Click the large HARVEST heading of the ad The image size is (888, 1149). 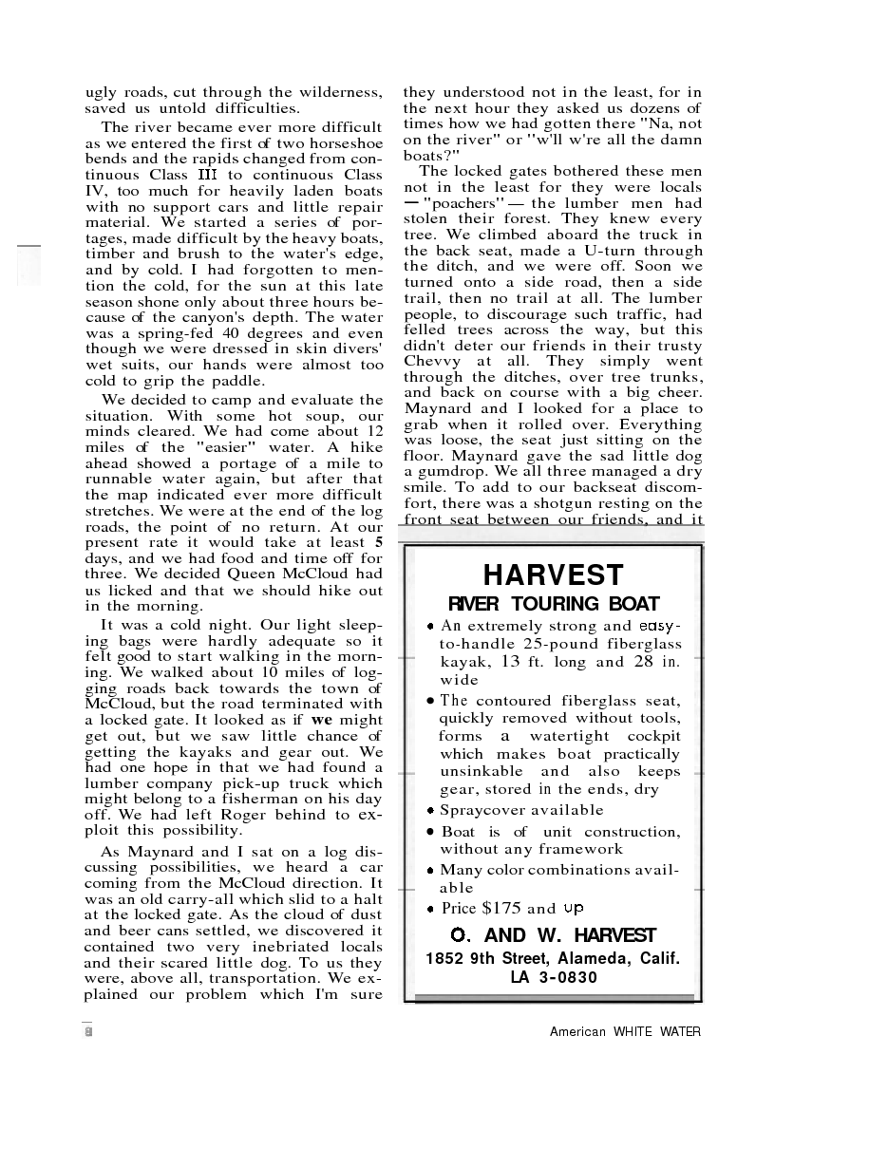coord(553,575)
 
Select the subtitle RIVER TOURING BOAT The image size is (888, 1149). coord(553,604)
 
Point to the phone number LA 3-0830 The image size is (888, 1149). coord(553,977)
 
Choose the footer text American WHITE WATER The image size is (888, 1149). coord(625,1031)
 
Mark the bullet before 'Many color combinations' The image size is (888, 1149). coord(431,870)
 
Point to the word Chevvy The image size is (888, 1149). coord(432,361)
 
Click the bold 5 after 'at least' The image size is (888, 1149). coord(378,543)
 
